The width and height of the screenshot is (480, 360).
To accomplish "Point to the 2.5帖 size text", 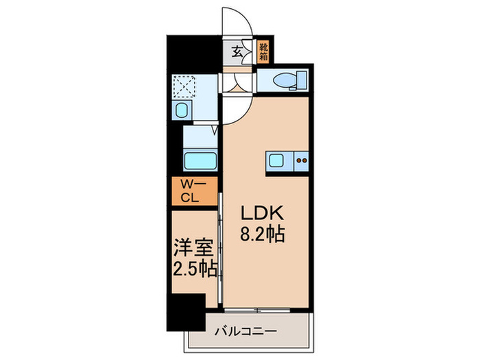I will pyautogui.click(x=195, y=267).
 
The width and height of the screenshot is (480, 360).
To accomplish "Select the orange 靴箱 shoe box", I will pyautogui.click(x=263, y=51).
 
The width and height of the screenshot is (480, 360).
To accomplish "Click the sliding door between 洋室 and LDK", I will pyautogui.click(x=220, y=247).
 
